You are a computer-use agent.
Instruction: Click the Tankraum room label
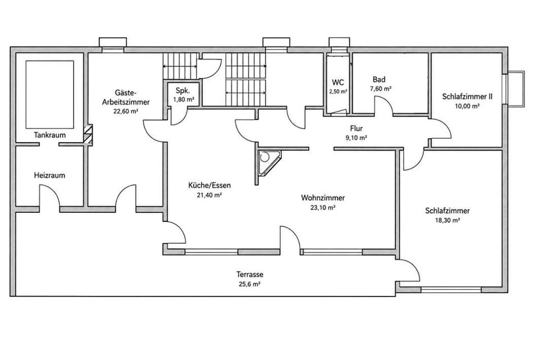[x=50, y=135]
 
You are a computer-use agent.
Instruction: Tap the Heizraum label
[x=49, y=175]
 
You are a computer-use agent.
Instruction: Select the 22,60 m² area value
[x=125, y=111]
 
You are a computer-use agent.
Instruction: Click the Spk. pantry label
[x=182, y=91]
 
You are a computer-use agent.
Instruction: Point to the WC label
[x=338, y=83]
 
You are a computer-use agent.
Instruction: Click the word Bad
[x=379, y=79]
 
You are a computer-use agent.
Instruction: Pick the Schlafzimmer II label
[x=467, y=97]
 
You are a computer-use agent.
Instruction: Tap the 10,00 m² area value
[x=467, y=106]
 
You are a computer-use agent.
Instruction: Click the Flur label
[x=357, y=129]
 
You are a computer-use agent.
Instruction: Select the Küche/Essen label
[x=209, y=186]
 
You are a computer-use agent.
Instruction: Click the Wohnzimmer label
[x=323, y=198]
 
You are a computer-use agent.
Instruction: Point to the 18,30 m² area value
[x=447, y=220]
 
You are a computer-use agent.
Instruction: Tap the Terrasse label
[x=250, y=275]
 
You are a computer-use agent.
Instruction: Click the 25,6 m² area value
[x=250, y=284]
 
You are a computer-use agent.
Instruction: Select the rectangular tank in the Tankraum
[x=50, y=94]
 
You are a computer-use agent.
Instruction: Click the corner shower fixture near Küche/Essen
[x=268, y=163]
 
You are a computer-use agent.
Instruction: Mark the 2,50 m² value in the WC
[x=338, y=92]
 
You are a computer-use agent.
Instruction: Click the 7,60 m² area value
[x=381, y=89]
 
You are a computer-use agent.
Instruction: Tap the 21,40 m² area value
[x=209, y=195]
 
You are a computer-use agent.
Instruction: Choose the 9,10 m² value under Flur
[x=356, y=138]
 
